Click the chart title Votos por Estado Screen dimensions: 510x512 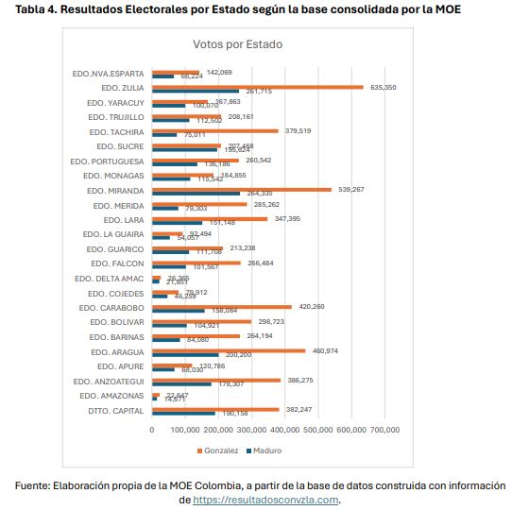pos(237,44)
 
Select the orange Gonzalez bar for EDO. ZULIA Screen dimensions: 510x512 pos(257,87)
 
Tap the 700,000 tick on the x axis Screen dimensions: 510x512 pos(385,431)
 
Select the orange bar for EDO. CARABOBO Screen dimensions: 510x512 pos(222,306)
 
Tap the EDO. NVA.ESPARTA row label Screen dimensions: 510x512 pos(108,73)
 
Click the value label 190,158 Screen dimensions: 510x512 pos(235,414)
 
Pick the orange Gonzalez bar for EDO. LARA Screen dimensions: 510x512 pos(210,218)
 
